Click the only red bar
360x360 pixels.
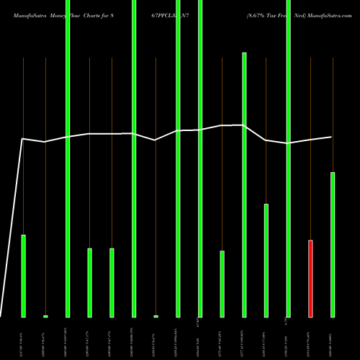click(310, 278)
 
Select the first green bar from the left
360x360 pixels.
click(23, 276)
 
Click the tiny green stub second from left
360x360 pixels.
click(45, 316)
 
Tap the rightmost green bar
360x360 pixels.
click(333, 244)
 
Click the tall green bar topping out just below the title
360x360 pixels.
click(244, 184)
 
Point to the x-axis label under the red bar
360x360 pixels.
click(311, 337)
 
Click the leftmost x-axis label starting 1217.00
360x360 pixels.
click(24, 337)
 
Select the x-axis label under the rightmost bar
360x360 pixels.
click(333, 337)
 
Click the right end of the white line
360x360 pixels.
click(332, 137)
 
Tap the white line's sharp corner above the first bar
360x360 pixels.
click(23, 139)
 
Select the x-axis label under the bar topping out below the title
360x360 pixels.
click(245, 337)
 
